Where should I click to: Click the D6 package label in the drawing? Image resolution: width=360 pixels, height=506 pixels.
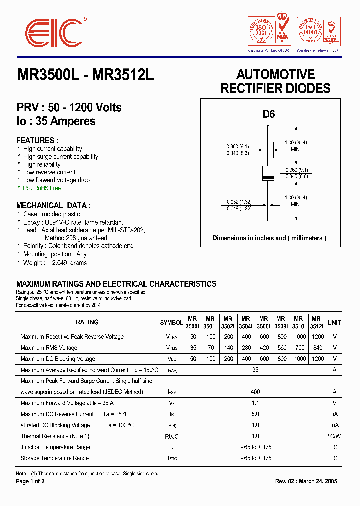coord(269,114)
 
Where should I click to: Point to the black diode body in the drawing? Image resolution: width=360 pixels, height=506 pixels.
coord(268,173)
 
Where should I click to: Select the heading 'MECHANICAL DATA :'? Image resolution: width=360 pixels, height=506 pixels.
coord(53,205)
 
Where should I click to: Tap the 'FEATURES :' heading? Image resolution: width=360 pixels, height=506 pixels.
coord(37,141)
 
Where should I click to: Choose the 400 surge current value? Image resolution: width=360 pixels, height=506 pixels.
coord(255,392)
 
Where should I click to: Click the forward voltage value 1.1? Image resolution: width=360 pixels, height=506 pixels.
coord(255,403)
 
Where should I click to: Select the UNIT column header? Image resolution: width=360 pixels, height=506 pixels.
coord(334,322)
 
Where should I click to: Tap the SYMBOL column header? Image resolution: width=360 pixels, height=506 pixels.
coord(171,323)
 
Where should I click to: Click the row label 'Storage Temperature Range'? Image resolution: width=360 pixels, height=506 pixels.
coord(55,458)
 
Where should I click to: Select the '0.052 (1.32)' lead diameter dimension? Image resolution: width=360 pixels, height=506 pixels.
coord(238,202)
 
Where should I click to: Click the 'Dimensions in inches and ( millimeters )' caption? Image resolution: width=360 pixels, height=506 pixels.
coord(269,238)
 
